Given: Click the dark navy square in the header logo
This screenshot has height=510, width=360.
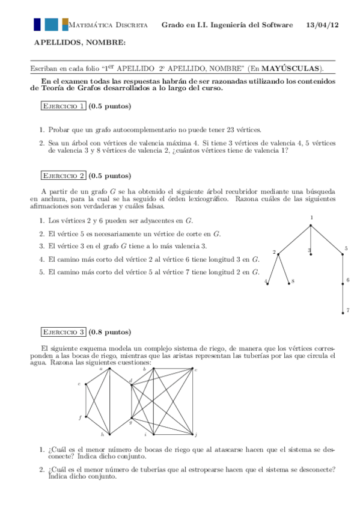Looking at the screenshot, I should click(37, 24).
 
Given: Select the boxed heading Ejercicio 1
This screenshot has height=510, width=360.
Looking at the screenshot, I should click(63, 106).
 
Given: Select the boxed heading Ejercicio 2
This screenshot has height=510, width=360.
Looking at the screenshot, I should click(63, 176).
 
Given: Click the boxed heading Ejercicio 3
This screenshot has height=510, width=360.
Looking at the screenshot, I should click(63, 332).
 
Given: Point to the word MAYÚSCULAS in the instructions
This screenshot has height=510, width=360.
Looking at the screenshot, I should click(291, 68).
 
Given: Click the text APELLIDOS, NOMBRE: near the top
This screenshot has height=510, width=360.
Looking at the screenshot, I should click(80, 41).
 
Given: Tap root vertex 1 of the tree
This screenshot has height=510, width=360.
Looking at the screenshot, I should click(311, 225).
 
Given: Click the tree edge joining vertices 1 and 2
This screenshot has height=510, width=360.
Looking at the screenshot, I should click(294, 239).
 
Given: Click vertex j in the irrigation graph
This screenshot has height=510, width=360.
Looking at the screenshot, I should click(192, 434).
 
